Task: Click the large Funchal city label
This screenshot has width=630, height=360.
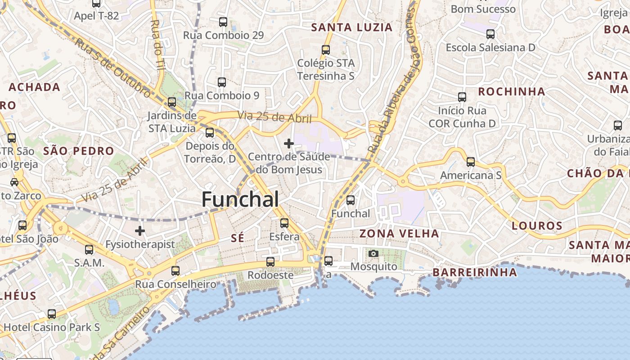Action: (x=240, y=199)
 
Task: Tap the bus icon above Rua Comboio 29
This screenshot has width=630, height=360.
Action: (x=223, y=22)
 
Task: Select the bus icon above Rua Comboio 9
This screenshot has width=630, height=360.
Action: (x=222, y=82)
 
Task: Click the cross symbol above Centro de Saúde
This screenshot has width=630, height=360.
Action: (x=289, y=144)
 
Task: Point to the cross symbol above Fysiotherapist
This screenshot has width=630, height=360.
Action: (x=140, y=231)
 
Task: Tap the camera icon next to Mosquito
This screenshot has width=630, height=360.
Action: (x=373, y=254)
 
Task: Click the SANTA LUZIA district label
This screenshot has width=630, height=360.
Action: (x=352, y=27)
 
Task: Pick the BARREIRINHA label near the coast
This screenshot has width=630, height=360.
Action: (x=475, y=272)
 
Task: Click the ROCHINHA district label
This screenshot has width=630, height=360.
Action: (x=511, y=92)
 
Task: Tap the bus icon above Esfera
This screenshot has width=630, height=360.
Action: (x=284, y=223)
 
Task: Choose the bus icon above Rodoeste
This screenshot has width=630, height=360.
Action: (x=270, y=261)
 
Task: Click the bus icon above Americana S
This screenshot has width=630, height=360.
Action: (x=471, y=162)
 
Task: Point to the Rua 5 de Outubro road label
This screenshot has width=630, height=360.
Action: (x=112, y=67)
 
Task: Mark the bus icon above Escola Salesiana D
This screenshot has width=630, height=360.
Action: (x=490, y=34)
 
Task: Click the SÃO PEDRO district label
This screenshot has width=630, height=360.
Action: (x=79, y=151)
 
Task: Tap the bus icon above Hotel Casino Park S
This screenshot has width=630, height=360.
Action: (x=52, y=314)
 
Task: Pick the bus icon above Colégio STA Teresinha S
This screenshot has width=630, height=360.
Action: (x=326, y=50)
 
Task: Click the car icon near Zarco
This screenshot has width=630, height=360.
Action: (x=14, y=182)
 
